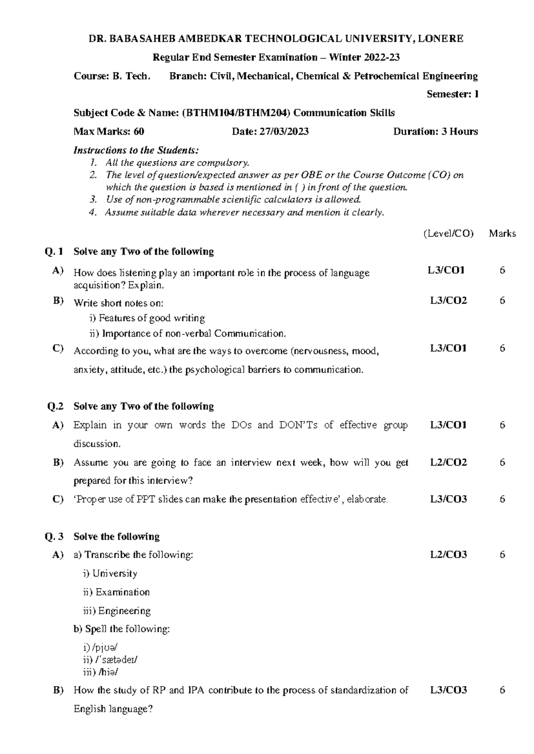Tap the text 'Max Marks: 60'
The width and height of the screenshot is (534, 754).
[109, 132]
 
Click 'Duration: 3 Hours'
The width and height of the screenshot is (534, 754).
[435, 132]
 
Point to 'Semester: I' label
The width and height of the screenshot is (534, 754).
[452, 94]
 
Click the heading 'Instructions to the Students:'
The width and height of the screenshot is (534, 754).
[136, 150]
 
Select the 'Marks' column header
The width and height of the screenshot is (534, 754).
[502, 233]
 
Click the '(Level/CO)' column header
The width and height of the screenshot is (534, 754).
[448, 233]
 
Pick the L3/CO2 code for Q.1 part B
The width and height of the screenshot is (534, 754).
[448, 301]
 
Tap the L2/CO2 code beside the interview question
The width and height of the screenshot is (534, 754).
[448, 463]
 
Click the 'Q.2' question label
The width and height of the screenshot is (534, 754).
[56, 406]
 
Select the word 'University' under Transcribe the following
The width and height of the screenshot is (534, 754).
[115, 574]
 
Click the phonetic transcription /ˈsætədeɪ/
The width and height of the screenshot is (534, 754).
[115, 660]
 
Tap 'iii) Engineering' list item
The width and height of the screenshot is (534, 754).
[117, 611]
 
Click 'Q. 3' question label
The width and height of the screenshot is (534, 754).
[55, 537]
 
